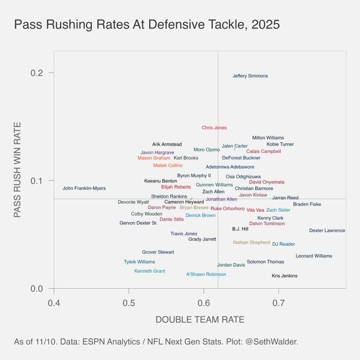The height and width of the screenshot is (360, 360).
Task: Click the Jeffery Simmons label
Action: pyautogui.click(x=250, y=76)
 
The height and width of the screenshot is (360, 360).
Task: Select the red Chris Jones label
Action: pyautogui.click(x=214, y=128)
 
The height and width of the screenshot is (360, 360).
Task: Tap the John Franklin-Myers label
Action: pyautogui.click(x=84, y=188)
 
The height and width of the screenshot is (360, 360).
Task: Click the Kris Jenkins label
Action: pyautogui.click(x=284, y=276)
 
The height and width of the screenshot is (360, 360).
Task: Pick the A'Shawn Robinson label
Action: pyautogui.click(x=206, y=274)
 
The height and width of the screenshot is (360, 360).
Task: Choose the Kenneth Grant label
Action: pyautogui.click(x=149, y=271)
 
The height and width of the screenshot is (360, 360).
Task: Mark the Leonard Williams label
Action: pyautogui.click(x=313, y=256)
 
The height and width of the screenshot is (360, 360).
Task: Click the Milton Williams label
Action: pyautogui.click(x=268, y=138)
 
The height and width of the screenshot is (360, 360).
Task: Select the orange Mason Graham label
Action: pyautogui.click(x=154, y=158)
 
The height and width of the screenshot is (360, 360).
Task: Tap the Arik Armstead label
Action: pyautogui.click(x=167, y=145)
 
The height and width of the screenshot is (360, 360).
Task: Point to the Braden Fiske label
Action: pyautogui.click(x=307, y=204)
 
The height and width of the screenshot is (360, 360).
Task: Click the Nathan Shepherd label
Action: pyautogui.click(x=251, y=242)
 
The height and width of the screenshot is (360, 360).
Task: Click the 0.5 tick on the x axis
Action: pyautogui.click(x=129, y=302)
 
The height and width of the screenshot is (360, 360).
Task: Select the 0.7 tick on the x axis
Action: pyautogui.click(x=279, y=302)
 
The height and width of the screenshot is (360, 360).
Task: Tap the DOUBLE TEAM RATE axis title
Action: pyautogui.click(x=200, y=320)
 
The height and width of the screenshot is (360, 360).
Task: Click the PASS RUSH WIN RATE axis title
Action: pyautogui.click(x=17, y=169)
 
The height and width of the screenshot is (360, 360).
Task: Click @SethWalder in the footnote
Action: pyautogui.click(x=275, y=341)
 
